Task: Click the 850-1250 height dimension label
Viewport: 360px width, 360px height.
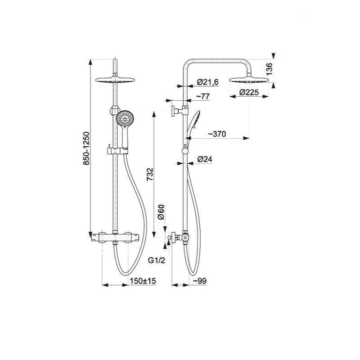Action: tap(86, 148)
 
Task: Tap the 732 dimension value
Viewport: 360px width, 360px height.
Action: tap(150, 175)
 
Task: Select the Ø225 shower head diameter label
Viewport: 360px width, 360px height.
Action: tap(249, 92)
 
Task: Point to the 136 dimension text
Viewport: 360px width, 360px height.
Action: tap(269, 69)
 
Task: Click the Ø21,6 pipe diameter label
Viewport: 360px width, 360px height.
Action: tap(208, 82)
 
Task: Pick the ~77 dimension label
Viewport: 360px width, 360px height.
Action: tap(203, 96)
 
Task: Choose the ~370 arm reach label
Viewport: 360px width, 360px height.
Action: tap(217, 134)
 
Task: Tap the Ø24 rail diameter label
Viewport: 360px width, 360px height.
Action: tap(205, 159)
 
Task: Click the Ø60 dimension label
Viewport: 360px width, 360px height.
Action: tap(162, 212)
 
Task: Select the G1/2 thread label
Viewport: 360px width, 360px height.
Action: tap(156, 261)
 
